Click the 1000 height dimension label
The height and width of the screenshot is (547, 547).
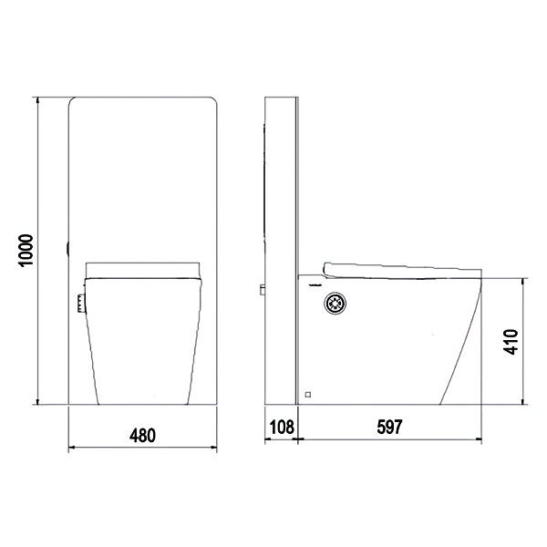pos(26,250)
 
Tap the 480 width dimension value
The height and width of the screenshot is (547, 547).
pos(142,436)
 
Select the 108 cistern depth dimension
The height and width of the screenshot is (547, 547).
pos(282,427)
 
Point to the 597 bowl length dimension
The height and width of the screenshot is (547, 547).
pos(389,427)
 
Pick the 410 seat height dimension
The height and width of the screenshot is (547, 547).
pos(511,342)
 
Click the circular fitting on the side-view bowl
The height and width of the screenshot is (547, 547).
pos(335,304)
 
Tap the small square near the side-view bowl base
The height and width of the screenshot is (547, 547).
pos(308,395)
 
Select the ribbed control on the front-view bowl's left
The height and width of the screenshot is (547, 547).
pos(81,304)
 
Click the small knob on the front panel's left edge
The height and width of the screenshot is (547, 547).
pos(67,249)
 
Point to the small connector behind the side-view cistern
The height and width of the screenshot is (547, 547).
pos(263,290)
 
